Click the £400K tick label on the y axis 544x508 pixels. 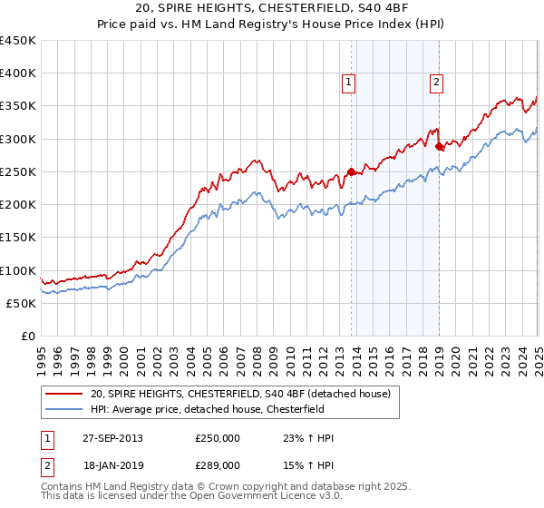18,73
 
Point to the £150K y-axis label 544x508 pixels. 18,237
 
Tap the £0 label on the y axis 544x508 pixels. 29,336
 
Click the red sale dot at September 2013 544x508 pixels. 352,171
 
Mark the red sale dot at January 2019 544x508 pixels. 439,146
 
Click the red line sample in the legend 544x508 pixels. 65,394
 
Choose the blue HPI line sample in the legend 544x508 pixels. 65,409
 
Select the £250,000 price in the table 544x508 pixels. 217,438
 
